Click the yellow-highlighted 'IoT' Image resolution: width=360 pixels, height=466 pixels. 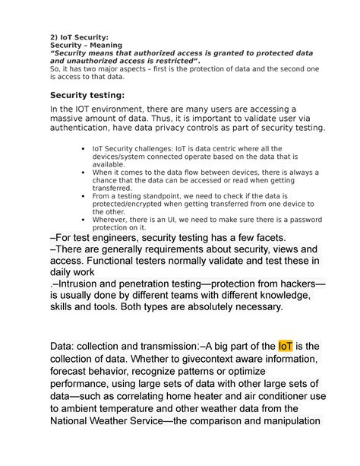[x=286, y=347]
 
